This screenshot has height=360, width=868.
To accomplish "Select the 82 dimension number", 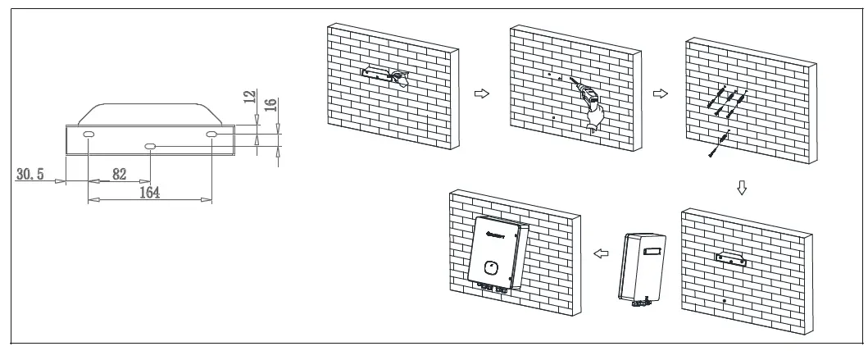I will pyautogui.click(x=120, y=175).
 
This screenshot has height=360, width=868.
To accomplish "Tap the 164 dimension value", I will pyautogui.click(x=148, y=192).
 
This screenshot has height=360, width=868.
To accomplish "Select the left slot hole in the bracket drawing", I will pyautogui.click(x=89, y=134).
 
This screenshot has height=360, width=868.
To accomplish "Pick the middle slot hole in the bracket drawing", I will pyautogui.click(x=151, y=147).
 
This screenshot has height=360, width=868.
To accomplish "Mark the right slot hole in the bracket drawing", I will pyautogui.click(x=211, y=134).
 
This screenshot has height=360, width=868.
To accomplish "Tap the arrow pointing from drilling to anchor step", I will pyautogui.click(x=657, y=93).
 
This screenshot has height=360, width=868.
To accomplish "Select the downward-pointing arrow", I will pyautogui.click(x=743, y=187).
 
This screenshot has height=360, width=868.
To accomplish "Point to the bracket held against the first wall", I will pyautogui.click(x=379, y=75).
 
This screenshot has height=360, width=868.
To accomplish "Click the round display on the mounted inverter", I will pyautogui.click(x=492, y=268).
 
